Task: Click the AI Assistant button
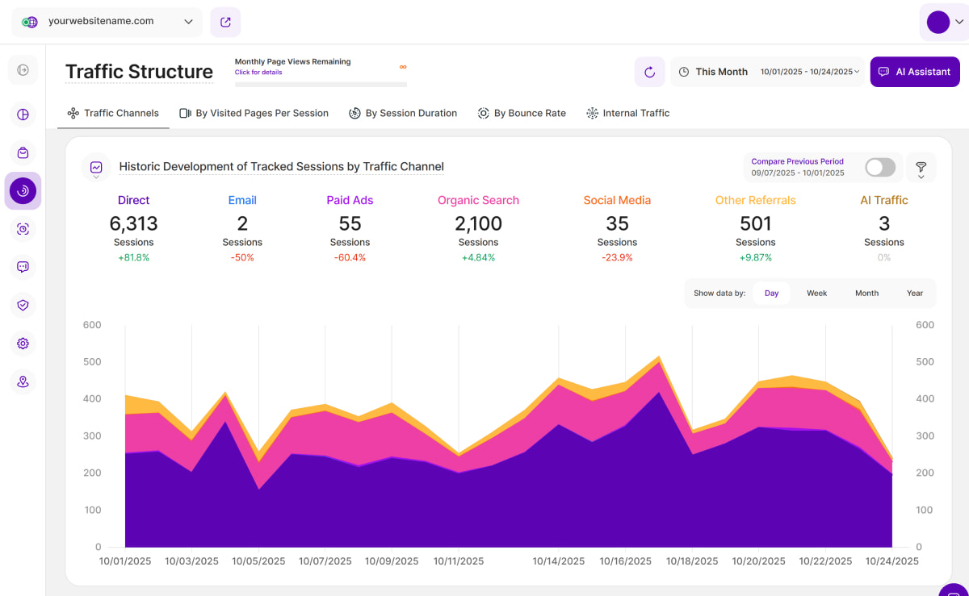[x=915, y=72]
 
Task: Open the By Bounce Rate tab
[x=522, y=113]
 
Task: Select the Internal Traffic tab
[x=628, y=113]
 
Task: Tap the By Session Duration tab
[x=403, y=113]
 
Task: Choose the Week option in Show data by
[x=816, y=294]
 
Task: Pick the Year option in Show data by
[x=914, y=294]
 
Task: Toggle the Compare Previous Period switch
[x=879, y=167]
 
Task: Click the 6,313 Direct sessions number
[x=133, y=223]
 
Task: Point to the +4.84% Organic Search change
[x=478, y=258]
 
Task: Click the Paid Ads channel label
[x=350, y=200]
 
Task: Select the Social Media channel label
[x=617, y=200]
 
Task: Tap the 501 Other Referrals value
[x=755, y=223]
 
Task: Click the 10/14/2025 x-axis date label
[x=558, y=561]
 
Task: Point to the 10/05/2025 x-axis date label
[x=259, y=561]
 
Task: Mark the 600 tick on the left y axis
[x=92, y=325]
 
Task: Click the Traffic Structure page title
[x=139, y=72]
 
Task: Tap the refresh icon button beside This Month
[x=649, y=72]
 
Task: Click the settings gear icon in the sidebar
[x=23, y=344]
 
